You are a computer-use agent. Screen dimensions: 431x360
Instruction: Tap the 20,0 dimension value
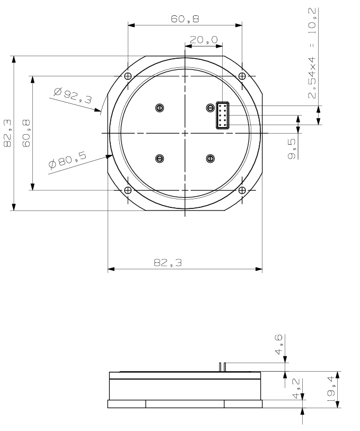(204, 39)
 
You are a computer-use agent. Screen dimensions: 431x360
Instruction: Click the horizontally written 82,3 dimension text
(168, 262)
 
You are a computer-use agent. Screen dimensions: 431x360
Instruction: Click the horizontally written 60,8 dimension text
(185, 19)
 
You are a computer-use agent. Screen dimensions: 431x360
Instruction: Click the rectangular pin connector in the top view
(223, 115)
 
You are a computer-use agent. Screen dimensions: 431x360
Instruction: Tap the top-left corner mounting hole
(127, 76)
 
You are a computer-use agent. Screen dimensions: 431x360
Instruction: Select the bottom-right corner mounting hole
(242, 190)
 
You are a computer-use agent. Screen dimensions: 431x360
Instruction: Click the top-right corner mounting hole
(242, 76)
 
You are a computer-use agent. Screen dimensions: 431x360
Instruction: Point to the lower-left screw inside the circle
(159, 159)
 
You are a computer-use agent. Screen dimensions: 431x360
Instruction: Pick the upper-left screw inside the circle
(159, 108)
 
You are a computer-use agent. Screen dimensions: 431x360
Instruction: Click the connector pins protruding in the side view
(223, 367)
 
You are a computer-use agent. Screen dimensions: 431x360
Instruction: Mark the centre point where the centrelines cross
(185, 133)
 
